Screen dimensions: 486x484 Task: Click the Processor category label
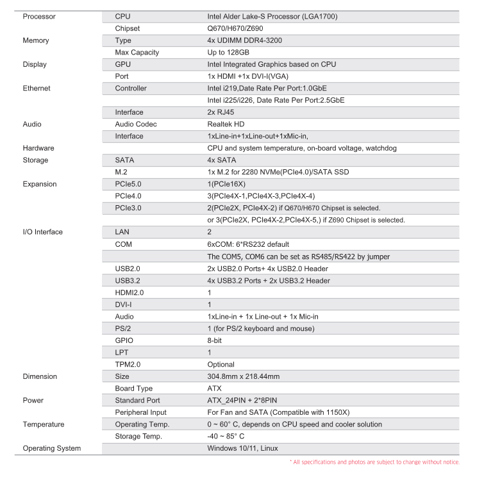coord(39,16)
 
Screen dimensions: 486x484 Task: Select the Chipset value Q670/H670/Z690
coord(235,28)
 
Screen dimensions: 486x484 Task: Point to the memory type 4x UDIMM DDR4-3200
coord(244,40)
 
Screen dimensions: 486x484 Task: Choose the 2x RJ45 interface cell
coord(221,112)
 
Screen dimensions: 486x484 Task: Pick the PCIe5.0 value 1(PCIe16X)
coord(226,184)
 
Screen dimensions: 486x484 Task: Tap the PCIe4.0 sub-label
coord(128,196)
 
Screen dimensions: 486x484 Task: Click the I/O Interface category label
coord(43,232)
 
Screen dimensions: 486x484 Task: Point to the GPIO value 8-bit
coord(214,340)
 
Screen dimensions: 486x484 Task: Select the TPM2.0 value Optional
coord(221,364)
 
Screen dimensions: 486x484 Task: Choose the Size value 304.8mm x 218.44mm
coord(243,376)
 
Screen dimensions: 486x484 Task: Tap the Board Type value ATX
coord(214,389)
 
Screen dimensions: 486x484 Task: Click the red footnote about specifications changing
coord(374,462)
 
